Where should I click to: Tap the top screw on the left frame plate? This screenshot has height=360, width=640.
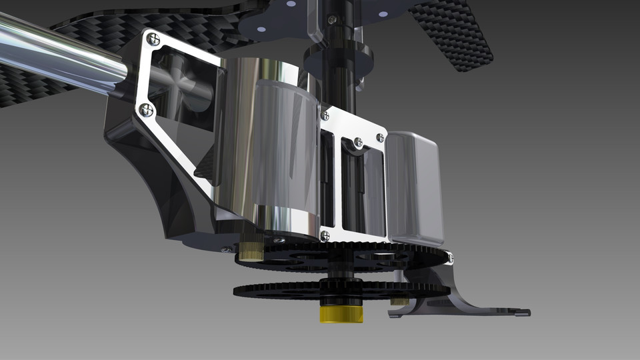click(x=153, y=39)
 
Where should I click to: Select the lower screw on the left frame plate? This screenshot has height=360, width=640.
click(x=147, y=109)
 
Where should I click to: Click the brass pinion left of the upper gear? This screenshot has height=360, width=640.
click(x=251, y=251)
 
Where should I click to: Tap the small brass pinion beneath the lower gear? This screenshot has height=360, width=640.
click(x=399, y=301)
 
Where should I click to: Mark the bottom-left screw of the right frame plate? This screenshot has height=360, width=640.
click(x=325, y=236)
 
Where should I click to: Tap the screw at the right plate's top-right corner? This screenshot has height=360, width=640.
click(x=380, y=137)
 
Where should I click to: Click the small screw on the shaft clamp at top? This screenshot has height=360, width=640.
click(x=332, y=21)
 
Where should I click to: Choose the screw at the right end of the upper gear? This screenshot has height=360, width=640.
click(x=450, y=257)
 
